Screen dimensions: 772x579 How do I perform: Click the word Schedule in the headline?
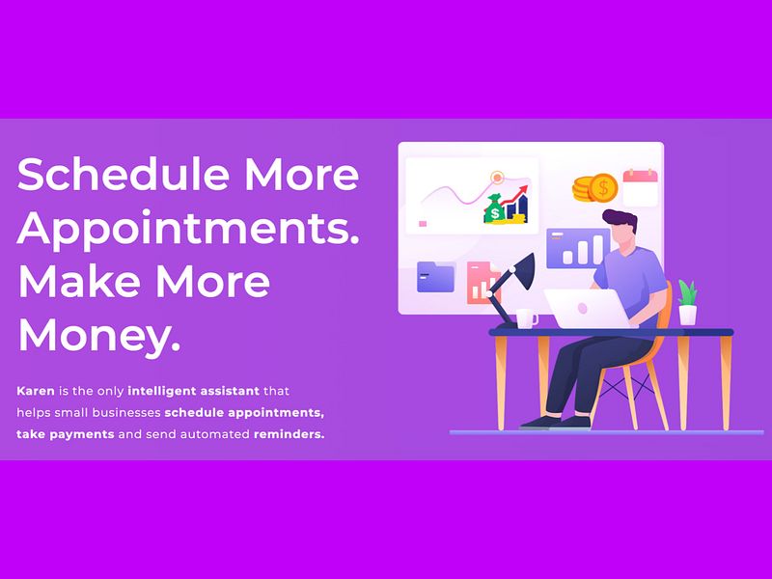tap(124, 174)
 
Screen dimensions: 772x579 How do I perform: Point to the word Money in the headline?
tap(99, 337)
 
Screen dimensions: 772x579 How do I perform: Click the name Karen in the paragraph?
tap(36, 391)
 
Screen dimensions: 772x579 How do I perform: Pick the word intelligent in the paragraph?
tap(162, 391)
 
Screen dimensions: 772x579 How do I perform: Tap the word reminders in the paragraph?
tap(289, 434)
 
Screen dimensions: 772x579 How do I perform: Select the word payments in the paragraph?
tap(82, 435)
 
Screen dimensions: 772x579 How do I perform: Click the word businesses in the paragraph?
tap(126, 413)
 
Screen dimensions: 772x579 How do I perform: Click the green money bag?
tap(494, 209)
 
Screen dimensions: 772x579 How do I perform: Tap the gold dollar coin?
tap(603, 187)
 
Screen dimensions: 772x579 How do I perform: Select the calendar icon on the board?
tap(640, 187)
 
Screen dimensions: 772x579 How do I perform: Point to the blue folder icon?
tap(435, 277)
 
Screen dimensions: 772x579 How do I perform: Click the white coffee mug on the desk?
tap(526, 318)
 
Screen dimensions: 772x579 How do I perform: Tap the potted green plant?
tap(687, 302)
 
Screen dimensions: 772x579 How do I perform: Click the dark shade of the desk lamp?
tap(523, 271)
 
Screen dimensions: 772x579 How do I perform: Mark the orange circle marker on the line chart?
tap(497, 177)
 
